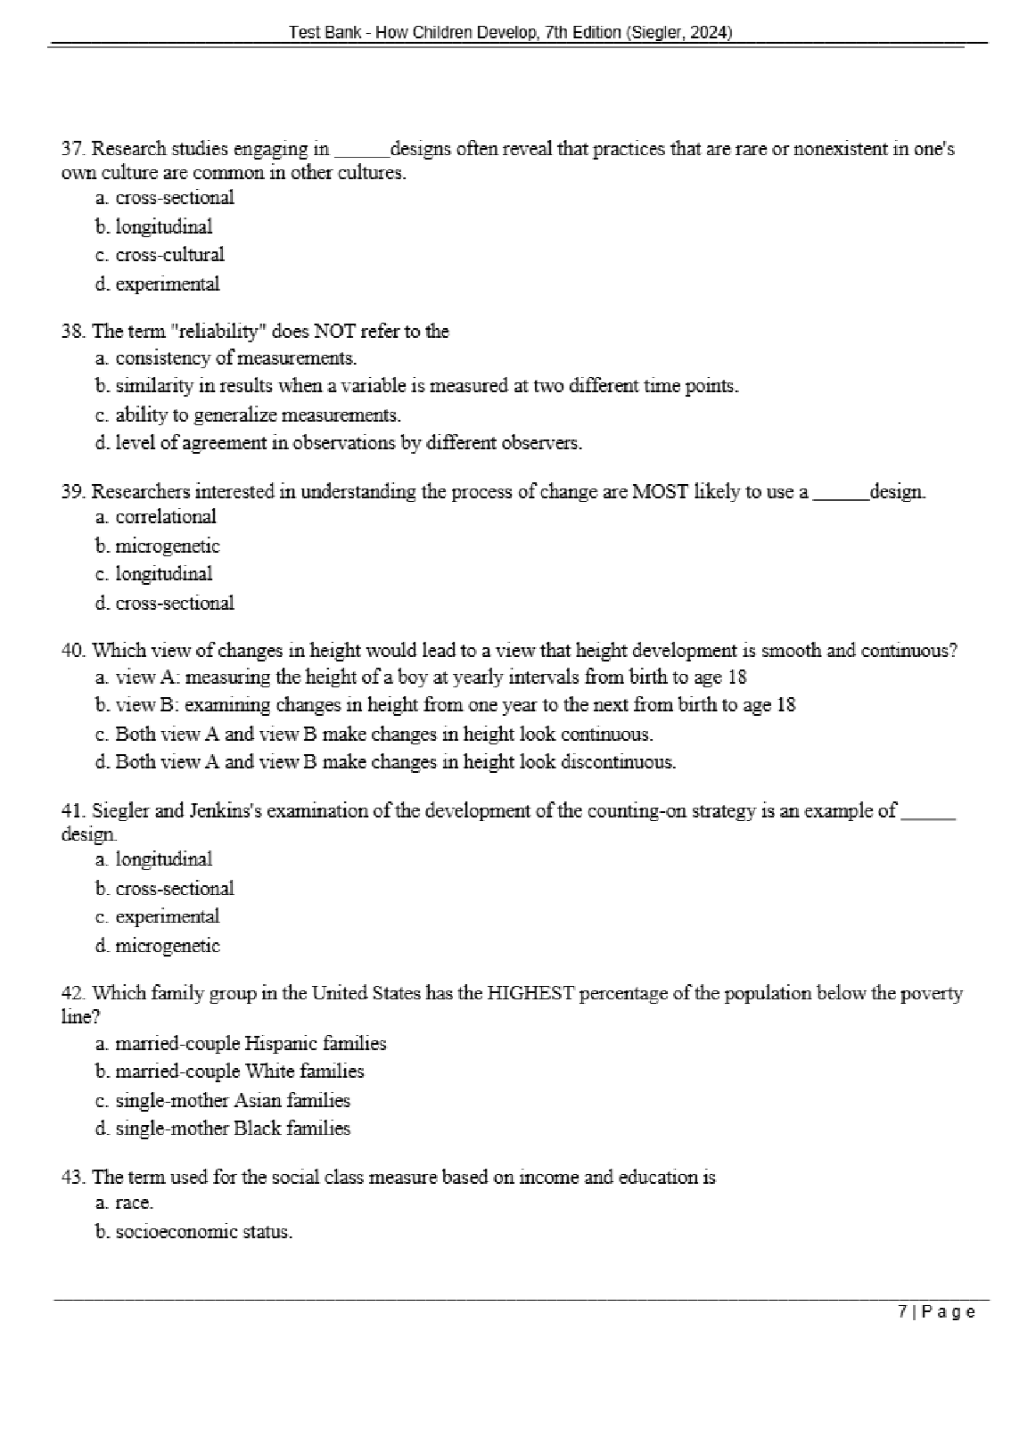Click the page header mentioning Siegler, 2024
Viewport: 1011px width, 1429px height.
pos(510,33)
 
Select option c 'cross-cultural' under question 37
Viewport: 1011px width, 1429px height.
pos(160,255)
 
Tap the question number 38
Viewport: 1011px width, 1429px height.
pos(72,332)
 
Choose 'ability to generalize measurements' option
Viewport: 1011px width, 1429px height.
pos(249,415)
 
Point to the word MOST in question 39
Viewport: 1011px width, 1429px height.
pos(660,491)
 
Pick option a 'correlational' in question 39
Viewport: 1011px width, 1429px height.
pos(156,517)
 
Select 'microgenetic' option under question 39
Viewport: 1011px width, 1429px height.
pos(158,546)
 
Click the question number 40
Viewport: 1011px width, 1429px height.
pos(72,651)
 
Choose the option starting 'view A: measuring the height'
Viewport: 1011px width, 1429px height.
pos(421,678)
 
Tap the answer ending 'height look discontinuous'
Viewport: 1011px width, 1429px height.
pos(385,762)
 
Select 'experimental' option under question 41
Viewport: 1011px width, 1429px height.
pos(157,916)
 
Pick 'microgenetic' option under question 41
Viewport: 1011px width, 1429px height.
pos(158,946)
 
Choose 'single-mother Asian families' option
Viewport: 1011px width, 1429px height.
pos(223,1100)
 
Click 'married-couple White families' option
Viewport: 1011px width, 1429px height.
pos(230,1072)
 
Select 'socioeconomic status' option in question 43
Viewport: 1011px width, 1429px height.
pos(194,1232)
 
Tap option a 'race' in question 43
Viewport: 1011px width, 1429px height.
pos(125,1203)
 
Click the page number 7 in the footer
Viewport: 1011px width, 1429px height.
pos(903,1311)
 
